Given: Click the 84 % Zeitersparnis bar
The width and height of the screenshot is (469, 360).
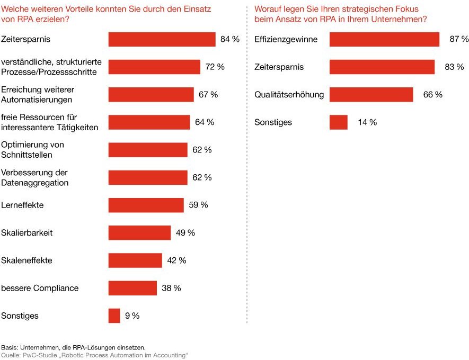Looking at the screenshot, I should point(162,39).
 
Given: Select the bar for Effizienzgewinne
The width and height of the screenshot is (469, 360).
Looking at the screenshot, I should point(384,39).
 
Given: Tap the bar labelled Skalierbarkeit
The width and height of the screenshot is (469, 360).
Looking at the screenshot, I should point(139,233).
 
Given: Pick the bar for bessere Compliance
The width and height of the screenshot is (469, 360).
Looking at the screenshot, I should point(132,288).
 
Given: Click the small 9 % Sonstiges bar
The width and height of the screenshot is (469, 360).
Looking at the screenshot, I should point(114,316).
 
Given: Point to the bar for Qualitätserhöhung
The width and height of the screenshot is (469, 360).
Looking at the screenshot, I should point(371,95).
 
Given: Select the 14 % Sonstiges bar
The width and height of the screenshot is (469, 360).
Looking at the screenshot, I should point(338,122).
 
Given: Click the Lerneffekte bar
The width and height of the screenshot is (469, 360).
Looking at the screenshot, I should point(146,205).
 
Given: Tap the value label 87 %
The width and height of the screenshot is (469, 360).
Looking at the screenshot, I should point(459,39).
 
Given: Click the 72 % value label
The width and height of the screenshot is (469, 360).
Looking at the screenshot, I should point(215,67).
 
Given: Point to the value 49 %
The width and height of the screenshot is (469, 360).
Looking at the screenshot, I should point(185,233).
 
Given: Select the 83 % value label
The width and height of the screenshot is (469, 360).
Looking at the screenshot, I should point(454,67).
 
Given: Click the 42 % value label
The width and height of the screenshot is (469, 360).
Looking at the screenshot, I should point(176,260).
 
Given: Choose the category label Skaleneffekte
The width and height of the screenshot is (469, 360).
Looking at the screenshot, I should point(26,260).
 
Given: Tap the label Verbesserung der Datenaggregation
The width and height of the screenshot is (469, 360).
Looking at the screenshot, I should point(35,177).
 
